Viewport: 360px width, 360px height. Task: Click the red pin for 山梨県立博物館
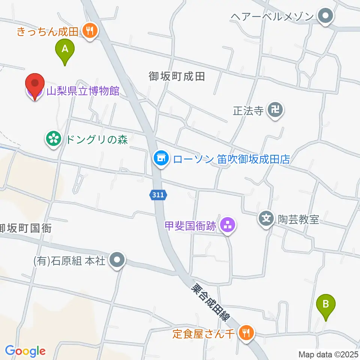[35, 85]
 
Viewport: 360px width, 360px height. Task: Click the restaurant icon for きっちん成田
[90, 31]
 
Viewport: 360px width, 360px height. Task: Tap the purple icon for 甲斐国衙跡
[227, 225]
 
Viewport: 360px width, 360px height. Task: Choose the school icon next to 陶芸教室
[267, 219]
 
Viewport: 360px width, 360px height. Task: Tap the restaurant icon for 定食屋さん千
[246, 333]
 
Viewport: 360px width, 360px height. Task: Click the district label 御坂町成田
[177, 77]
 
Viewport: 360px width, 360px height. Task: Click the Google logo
[25, 351]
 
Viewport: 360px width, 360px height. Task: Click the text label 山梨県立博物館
[83, 91]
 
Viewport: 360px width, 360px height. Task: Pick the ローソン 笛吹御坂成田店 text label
[231, 159]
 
